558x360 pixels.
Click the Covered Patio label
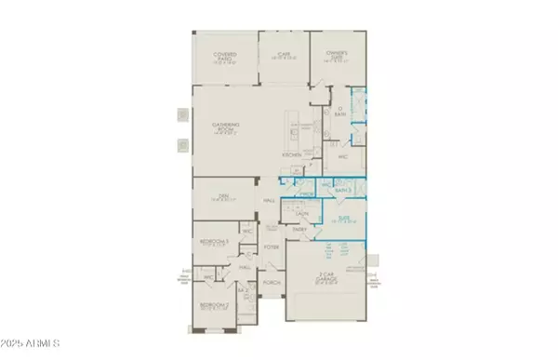(x=224, y=56)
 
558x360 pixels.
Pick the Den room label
(x=221, y=195)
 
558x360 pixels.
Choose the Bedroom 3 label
(x=214, y=242)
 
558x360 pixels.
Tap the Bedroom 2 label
(x=214, y=303)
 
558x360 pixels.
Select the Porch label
(x=272, y=281)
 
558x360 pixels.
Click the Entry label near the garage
(x=300, y=229)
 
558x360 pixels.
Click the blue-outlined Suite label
(x=344, y=220)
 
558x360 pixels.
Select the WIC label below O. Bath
(x=342, y=157)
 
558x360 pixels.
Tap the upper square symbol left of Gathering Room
(x=182, y=116)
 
